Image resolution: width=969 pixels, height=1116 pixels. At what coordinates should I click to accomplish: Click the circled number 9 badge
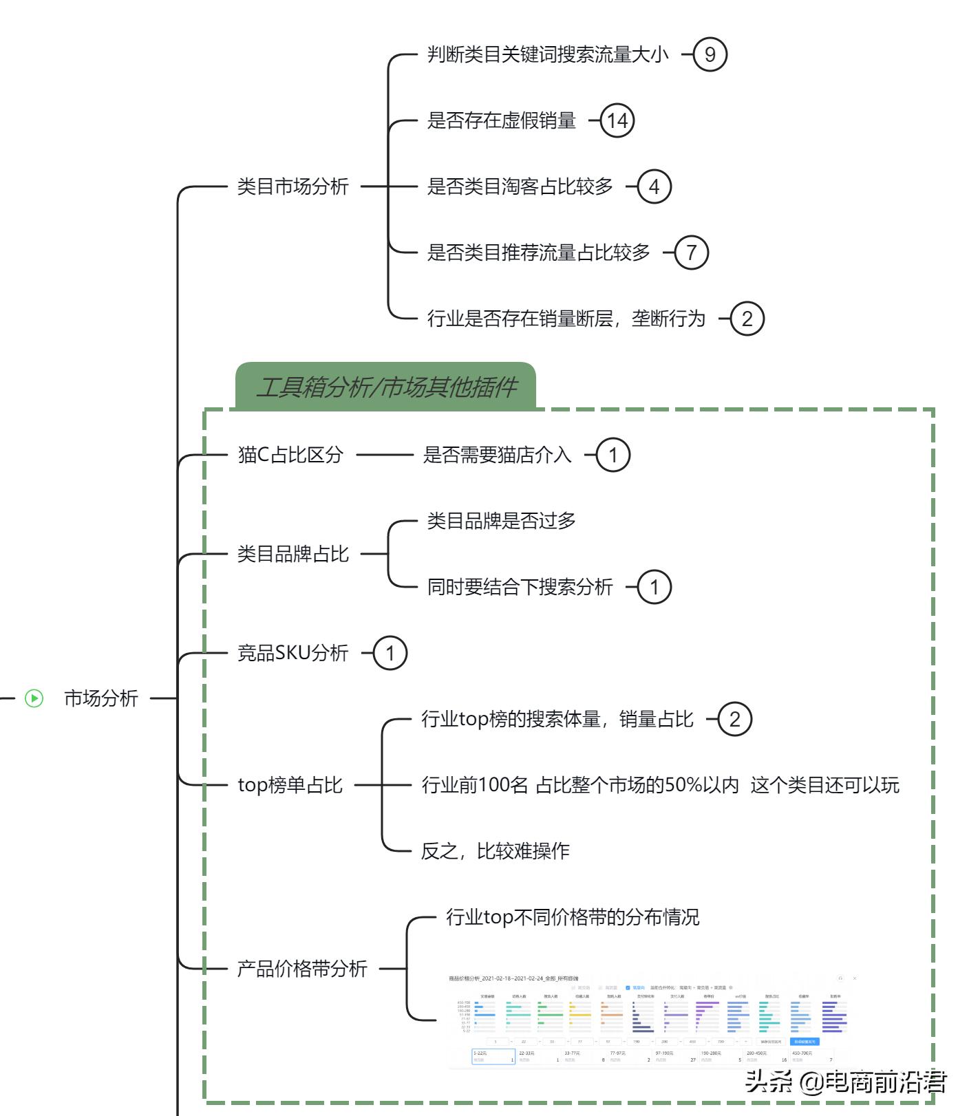tap(710, 54)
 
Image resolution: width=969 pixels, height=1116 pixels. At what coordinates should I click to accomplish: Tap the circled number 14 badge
tap(617, 120)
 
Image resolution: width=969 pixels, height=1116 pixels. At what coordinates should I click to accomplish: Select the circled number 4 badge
tap(654, 186)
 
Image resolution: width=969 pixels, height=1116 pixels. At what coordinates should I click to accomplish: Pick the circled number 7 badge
tap(691, 253)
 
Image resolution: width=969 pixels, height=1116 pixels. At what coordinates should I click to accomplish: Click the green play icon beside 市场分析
tap(34, 698)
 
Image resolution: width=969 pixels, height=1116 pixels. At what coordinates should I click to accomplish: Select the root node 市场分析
tap(101, 698)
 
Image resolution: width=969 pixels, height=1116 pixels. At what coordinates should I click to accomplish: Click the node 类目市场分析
tap(292, 186)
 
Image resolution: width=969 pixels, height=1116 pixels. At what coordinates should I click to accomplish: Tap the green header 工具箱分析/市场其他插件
tap(385, 387)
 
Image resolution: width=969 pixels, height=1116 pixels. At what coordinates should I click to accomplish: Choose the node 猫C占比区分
tap(290, 455)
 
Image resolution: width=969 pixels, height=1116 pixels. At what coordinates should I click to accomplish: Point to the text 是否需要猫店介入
tap(497, 455)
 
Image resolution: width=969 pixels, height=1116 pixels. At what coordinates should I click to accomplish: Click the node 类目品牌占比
tap(292, 554)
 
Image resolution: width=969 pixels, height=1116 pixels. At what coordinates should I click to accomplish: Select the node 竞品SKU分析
tap(292, 653)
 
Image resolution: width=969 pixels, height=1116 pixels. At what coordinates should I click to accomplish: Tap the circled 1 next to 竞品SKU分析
tap(390, 653)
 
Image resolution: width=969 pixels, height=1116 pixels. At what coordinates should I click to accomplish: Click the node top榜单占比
tap(290, 785)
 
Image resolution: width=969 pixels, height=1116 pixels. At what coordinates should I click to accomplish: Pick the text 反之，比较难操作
tap(495, 851)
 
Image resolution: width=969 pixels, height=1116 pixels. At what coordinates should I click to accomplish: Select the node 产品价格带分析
tap(302, 969)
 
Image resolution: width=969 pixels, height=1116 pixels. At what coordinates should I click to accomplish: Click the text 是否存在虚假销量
tap(501, 120)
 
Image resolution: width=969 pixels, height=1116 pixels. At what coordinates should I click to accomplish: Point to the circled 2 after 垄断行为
tap(747, 319)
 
